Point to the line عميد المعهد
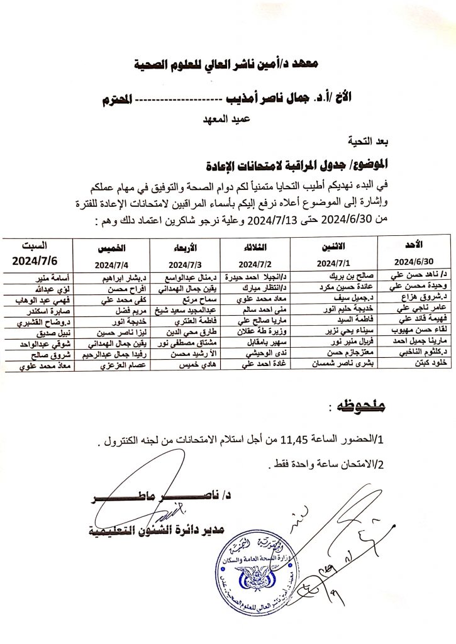(225, 118)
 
